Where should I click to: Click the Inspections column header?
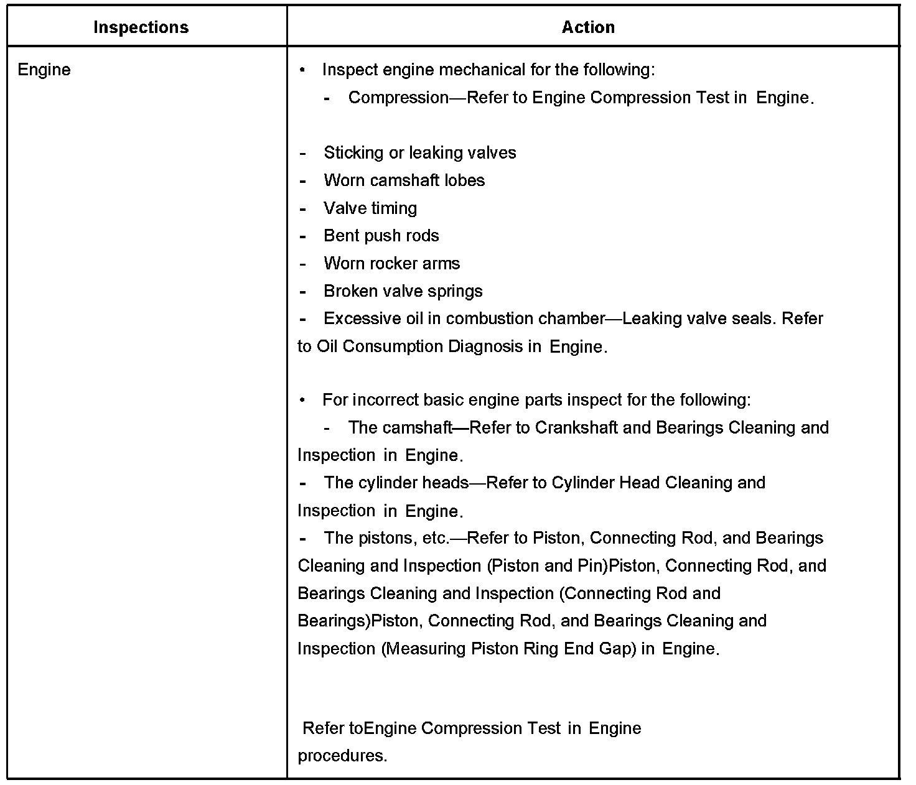tap(141, 27)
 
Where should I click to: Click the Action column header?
tap(588, 27)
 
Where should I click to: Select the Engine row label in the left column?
tap(44, 70)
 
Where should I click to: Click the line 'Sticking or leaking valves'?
tap(419, 153)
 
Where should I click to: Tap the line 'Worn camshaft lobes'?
tap(404, 180)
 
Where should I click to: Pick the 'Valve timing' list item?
tap(370, 208)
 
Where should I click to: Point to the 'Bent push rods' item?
tap(381, 236)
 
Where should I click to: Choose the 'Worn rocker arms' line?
tap(391, 263)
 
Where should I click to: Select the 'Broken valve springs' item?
tap(403, 291)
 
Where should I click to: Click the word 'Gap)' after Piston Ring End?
tap(618, 649)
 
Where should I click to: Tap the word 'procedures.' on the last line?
tap(342, 756)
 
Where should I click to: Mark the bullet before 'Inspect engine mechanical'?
tap(303, 70)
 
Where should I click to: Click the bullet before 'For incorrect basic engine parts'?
tap(303, 400)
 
